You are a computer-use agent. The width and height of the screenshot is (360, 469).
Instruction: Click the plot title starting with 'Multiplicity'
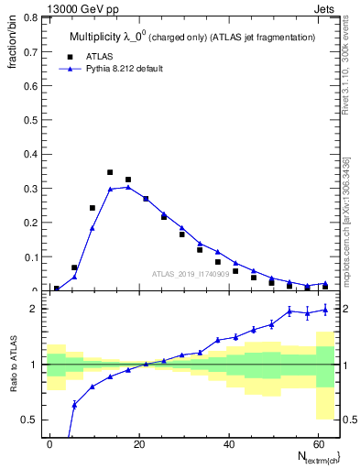(x=191, y=37)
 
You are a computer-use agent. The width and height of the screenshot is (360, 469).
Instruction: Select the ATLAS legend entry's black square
(x=67, y=55)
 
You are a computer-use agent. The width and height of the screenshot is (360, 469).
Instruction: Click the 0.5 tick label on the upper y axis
(x=29, y=119)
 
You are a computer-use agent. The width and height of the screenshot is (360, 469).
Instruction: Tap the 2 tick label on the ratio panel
(x=36, y=309)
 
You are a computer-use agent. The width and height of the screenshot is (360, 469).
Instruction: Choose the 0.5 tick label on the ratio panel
(x=29, y=420)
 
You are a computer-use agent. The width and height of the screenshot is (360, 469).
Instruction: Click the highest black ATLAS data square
(x=110, y=172)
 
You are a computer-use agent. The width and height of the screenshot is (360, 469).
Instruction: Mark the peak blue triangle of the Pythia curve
(x=128, y=187)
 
